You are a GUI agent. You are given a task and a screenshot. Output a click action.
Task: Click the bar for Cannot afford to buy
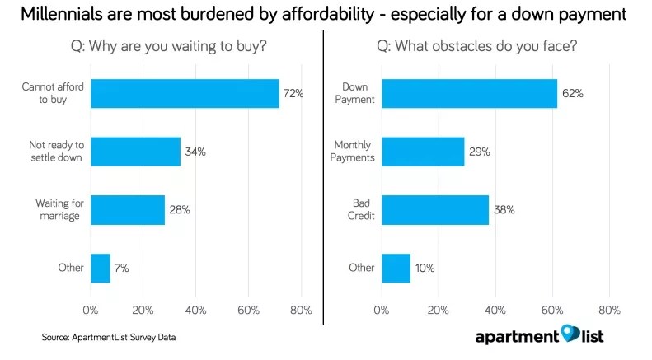pyautogui.click(x=185, y=93)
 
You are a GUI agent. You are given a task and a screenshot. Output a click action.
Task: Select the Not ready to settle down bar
pyautogui.click(x=135, y=152)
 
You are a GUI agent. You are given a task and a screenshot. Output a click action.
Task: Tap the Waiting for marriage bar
pyautogui.click(x=128, y=210)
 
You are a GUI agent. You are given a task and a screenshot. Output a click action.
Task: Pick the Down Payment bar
pyautogui.click(x=469, y=93)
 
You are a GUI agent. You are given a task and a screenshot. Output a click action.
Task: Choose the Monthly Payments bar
pyautogui.click(x=423, y=152)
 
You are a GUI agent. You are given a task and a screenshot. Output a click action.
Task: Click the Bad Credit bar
pyautogui.click(x=435, y=210)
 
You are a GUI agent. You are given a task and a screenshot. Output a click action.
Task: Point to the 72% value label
pyautogui.click(x=293, y=93)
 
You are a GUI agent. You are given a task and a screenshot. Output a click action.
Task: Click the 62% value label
pyautogui.click(x=573, y=93)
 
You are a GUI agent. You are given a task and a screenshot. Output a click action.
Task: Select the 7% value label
pyautogui.click(x=122, y=268)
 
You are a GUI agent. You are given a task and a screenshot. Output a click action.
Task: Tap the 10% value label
pyautogui.click(x=425, y=268)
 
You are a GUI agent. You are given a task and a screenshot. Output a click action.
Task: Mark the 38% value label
pyautogui.click(x=504, y=210)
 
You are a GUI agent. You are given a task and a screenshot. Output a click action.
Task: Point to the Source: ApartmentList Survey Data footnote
pyautogui.click(x=108, y=337)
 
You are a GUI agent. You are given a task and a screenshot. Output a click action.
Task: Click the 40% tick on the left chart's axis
pyautogui.click(x=195, y=311)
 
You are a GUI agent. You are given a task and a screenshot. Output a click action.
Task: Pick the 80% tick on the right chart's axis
pyautogui.click(x=609, y=311)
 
